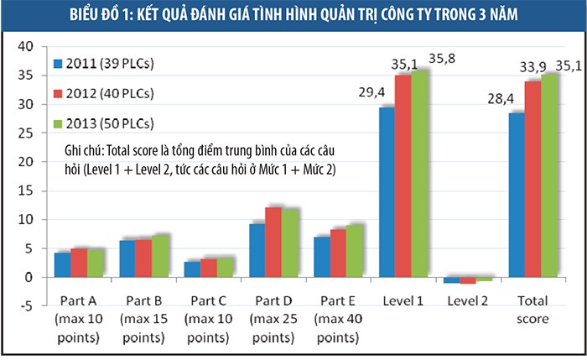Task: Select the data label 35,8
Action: (x=443, y=59)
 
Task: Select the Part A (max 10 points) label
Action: (x=78, y=319)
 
